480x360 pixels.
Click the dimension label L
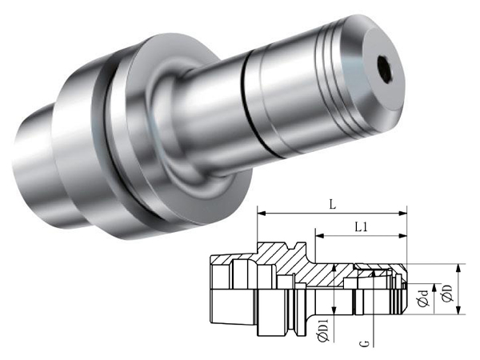coord(333,205)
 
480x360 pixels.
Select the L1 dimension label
coord(362,227)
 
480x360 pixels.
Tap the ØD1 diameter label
coord(323,330)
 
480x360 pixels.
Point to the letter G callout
coord(366,343)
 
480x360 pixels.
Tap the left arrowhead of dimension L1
coord(319,236)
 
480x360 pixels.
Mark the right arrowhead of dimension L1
coord(402,236)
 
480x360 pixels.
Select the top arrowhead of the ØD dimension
coord(458,268)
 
